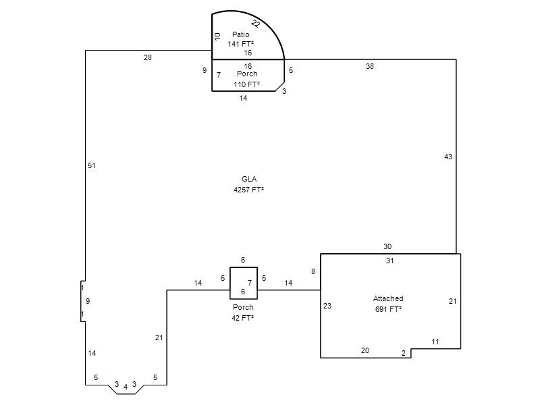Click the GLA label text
point(249,179)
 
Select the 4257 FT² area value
point(248,190)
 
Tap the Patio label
point(241,34)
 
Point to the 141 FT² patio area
point(241,44)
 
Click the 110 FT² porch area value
point(246,84)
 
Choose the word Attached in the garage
point(388,298)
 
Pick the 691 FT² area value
point(388,309)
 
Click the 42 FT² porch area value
point(243,318)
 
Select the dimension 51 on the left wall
point(91,165)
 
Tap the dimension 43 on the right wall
point(448,157)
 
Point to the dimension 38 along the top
point(369,66)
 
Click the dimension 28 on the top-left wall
point(148,57)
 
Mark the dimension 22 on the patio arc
point(256,24)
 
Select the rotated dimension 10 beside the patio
point(217,36)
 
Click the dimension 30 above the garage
point(387,246)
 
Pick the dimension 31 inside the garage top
point(390,261)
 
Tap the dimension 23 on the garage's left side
point(327,306)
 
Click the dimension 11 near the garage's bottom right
point(435,342)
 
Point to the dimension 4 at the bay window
point(126,387)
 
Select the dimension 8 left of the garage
point(313,271)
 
